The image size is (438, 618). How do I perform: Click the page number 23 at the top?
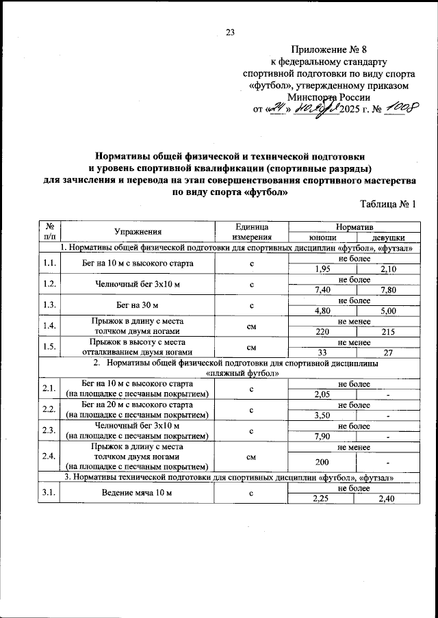click(230, 31)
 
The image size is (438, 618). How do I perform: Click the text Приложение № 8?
click(329, 49)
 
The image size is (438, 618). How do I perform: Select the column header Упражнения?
click(138, 231)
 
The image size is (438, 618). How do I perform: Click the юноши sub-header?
click(320, 237)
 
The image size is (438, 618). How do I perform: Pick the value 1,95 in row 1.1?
click(320, 269)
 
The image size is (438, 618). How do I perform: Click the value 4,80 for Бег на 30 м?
click(320, 311)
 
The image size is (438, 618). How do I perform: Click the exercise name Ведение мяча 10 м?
click(137, 493)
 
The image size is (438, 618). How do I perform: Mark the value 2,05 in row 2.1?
click(320, 394)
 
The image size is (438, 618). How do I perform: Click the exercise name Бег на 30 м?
click(137, 305)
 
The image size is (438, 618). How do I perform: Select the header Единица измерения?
click(251, 231)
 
